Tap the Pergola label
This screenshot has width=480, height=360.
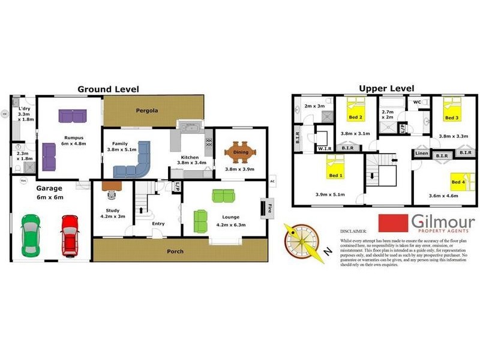(146, 110)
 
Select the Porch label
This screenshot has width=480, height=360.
(175, 251)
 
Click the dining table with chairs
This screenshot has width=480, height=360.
(240, 152)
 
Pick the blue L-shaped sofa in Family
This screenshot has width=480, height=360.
(133, 163)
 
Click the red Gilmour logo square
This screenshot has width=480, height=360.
(391, 222)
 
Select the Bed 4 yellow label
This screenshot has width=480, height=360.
(458, 182)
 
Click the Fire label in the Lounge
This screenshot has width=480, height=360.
(270, 210)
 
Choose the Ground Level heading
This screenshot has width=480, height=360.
(108, 89)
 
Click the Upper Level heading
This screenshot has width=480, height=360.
(386, 88)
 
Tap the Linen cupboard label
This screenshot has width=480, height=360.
(421, 154)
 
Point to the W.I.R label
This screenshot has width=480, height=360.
(325, 148)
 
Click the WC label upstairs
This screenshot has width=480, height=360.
(417, 102)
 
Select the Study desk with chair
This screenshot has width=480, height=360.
(112, 188)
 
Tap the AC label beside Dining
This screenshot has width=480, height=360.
(272, 181)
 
